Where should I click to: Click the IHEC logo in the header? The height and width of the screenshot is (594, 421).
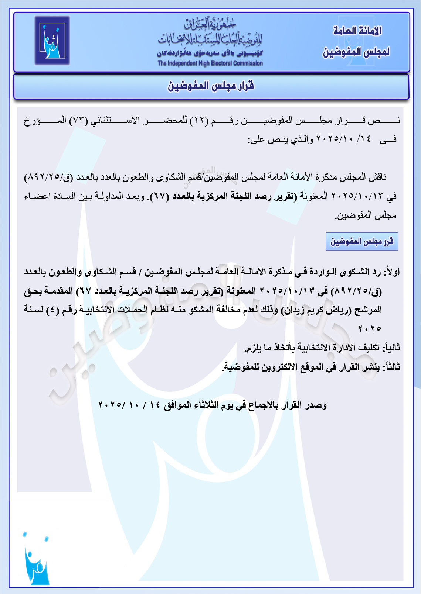[52, 41]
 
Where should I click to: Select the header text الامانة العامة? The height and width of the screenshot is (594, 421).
[357, 31]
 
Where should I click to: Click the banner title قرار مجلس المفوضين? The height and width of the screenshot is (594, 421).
[211, 86]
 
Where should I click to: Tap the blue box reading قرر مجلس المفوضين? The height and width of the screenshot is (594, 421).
[361, 242]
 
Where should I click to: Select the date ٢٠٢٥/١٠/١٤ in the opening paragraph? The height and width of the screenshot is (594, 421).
[344, 139]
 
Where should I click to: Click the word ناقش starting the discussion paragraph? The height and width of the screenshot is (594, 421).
[378, 177]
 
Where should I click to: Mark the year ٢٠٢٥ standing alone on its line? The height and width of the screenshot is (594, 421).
[369, 329]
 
